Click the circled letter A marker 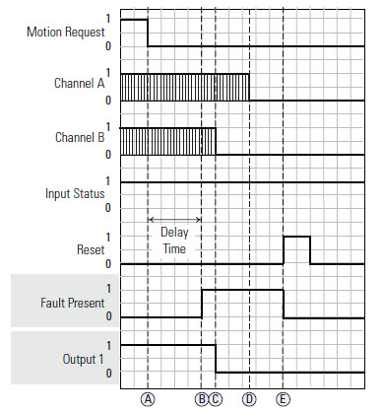tap(148, 398)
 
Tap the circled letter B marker tap(201, 398)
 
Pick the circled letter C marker tap(216, 398)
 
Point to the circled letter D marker tap(249, 398)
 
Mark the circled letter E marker tap(284, 398)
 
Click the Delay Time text tap(174, 241)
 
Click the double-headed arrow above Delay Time tap(174, 219)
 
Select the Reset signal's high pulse tap(297, 249)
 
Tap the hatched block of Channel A tap(184, 88)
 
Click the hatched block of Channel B tap(167, 142)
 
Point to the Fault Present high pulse tap(242, 303)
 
